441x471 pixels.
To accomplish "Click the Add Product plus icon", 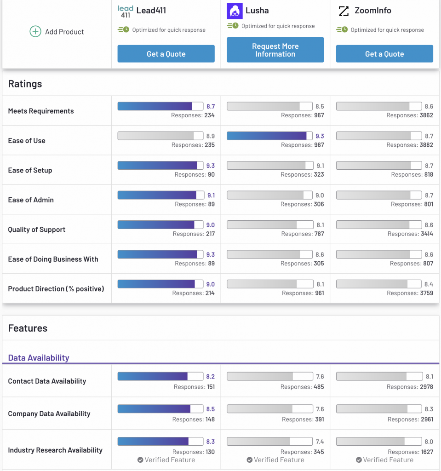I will pyautogui.click(x=35, y=32).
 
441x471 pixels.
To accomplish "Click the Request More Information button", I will pyautogui.click(x=275, y=50).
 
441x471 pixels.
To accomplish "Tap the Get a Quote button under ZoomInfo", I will pyautogui.click(x=384, y=54).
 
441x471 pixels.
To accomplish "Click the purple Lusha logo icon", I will pyautogui.click(x=235, y=11).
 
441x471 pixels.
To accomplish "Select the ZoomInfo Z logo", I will pyautogui.click(x=344, y=11).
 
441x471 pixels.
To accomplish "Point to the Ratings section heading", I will pyautogui.click(x=25, y=84).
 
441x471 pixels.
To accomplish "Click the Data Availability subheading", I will pyautogui.click(x=39, y=358).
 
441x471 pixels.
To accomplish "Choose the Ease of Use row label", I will pyautogui.click(x=27, y=141).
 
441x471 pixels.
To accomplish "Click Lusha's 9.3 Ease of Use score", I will pyautogui.click(x=320, y=136).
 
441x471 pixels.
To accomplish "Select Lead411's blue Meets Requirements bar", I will pyautogui.click(x=155, y=106).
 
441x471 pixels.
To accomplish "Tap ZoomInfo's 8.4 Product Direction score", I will pyautogui.click(x=429, y=284).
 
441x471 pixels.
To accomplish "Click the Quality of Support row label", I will pyautogui.click(x=37, y=230).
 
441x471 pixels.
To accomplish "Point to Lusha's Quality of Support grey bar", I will pyautogui.click(x=262, y=225).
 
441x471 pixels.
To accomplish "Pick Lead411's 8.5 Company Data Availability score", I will pyautogui.click(x=210, y=409).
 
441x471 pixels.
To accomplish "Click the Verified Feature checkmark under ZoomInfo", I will pyautogui.click(x=359, y=460).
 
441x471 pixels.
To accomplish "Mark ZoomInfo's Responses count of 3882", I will pyautogui.click(x=426, y=145).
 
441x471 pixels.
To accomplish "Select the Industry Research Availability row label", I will pyautogui.click(x=55, y=450).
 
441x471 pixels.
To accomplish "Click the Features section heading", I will pyautogui.click(x=28, y=328).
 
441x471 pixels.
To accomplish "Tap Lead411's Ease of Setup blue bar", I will pyautogui.click(x=158, y=166).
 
